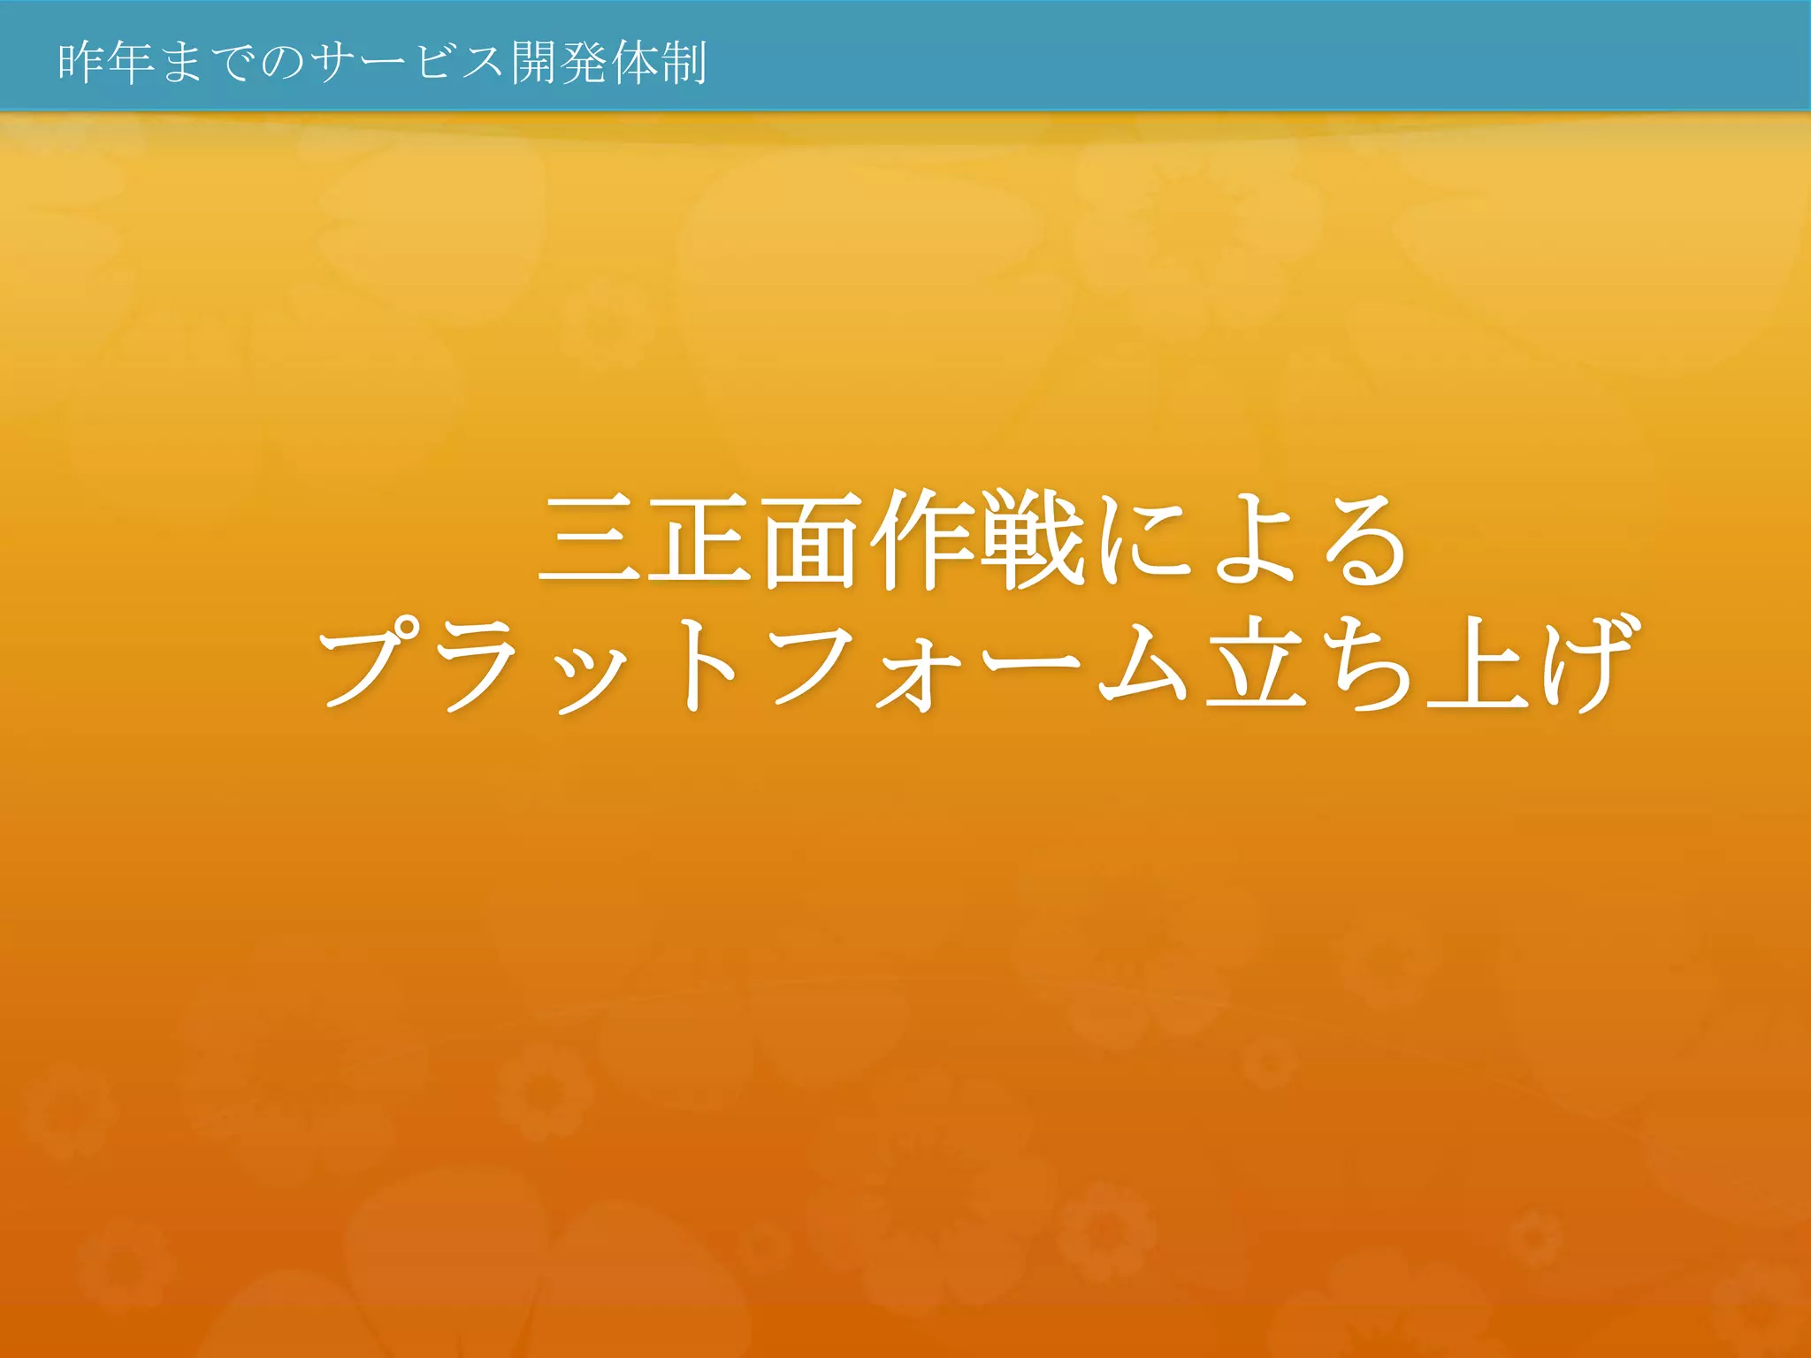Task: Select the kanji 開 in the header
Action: [535, 63]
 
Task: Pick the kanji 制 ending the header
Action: [684, 63]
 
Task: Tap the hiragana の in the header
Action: [281, 64]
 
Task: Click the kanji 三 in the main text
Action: [590, 540]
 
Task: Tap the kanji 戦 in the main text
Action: [1032, 540]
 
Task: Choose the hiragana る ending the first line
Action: [1365, 542]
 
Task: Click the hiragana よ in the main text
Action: [1253, 540]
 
